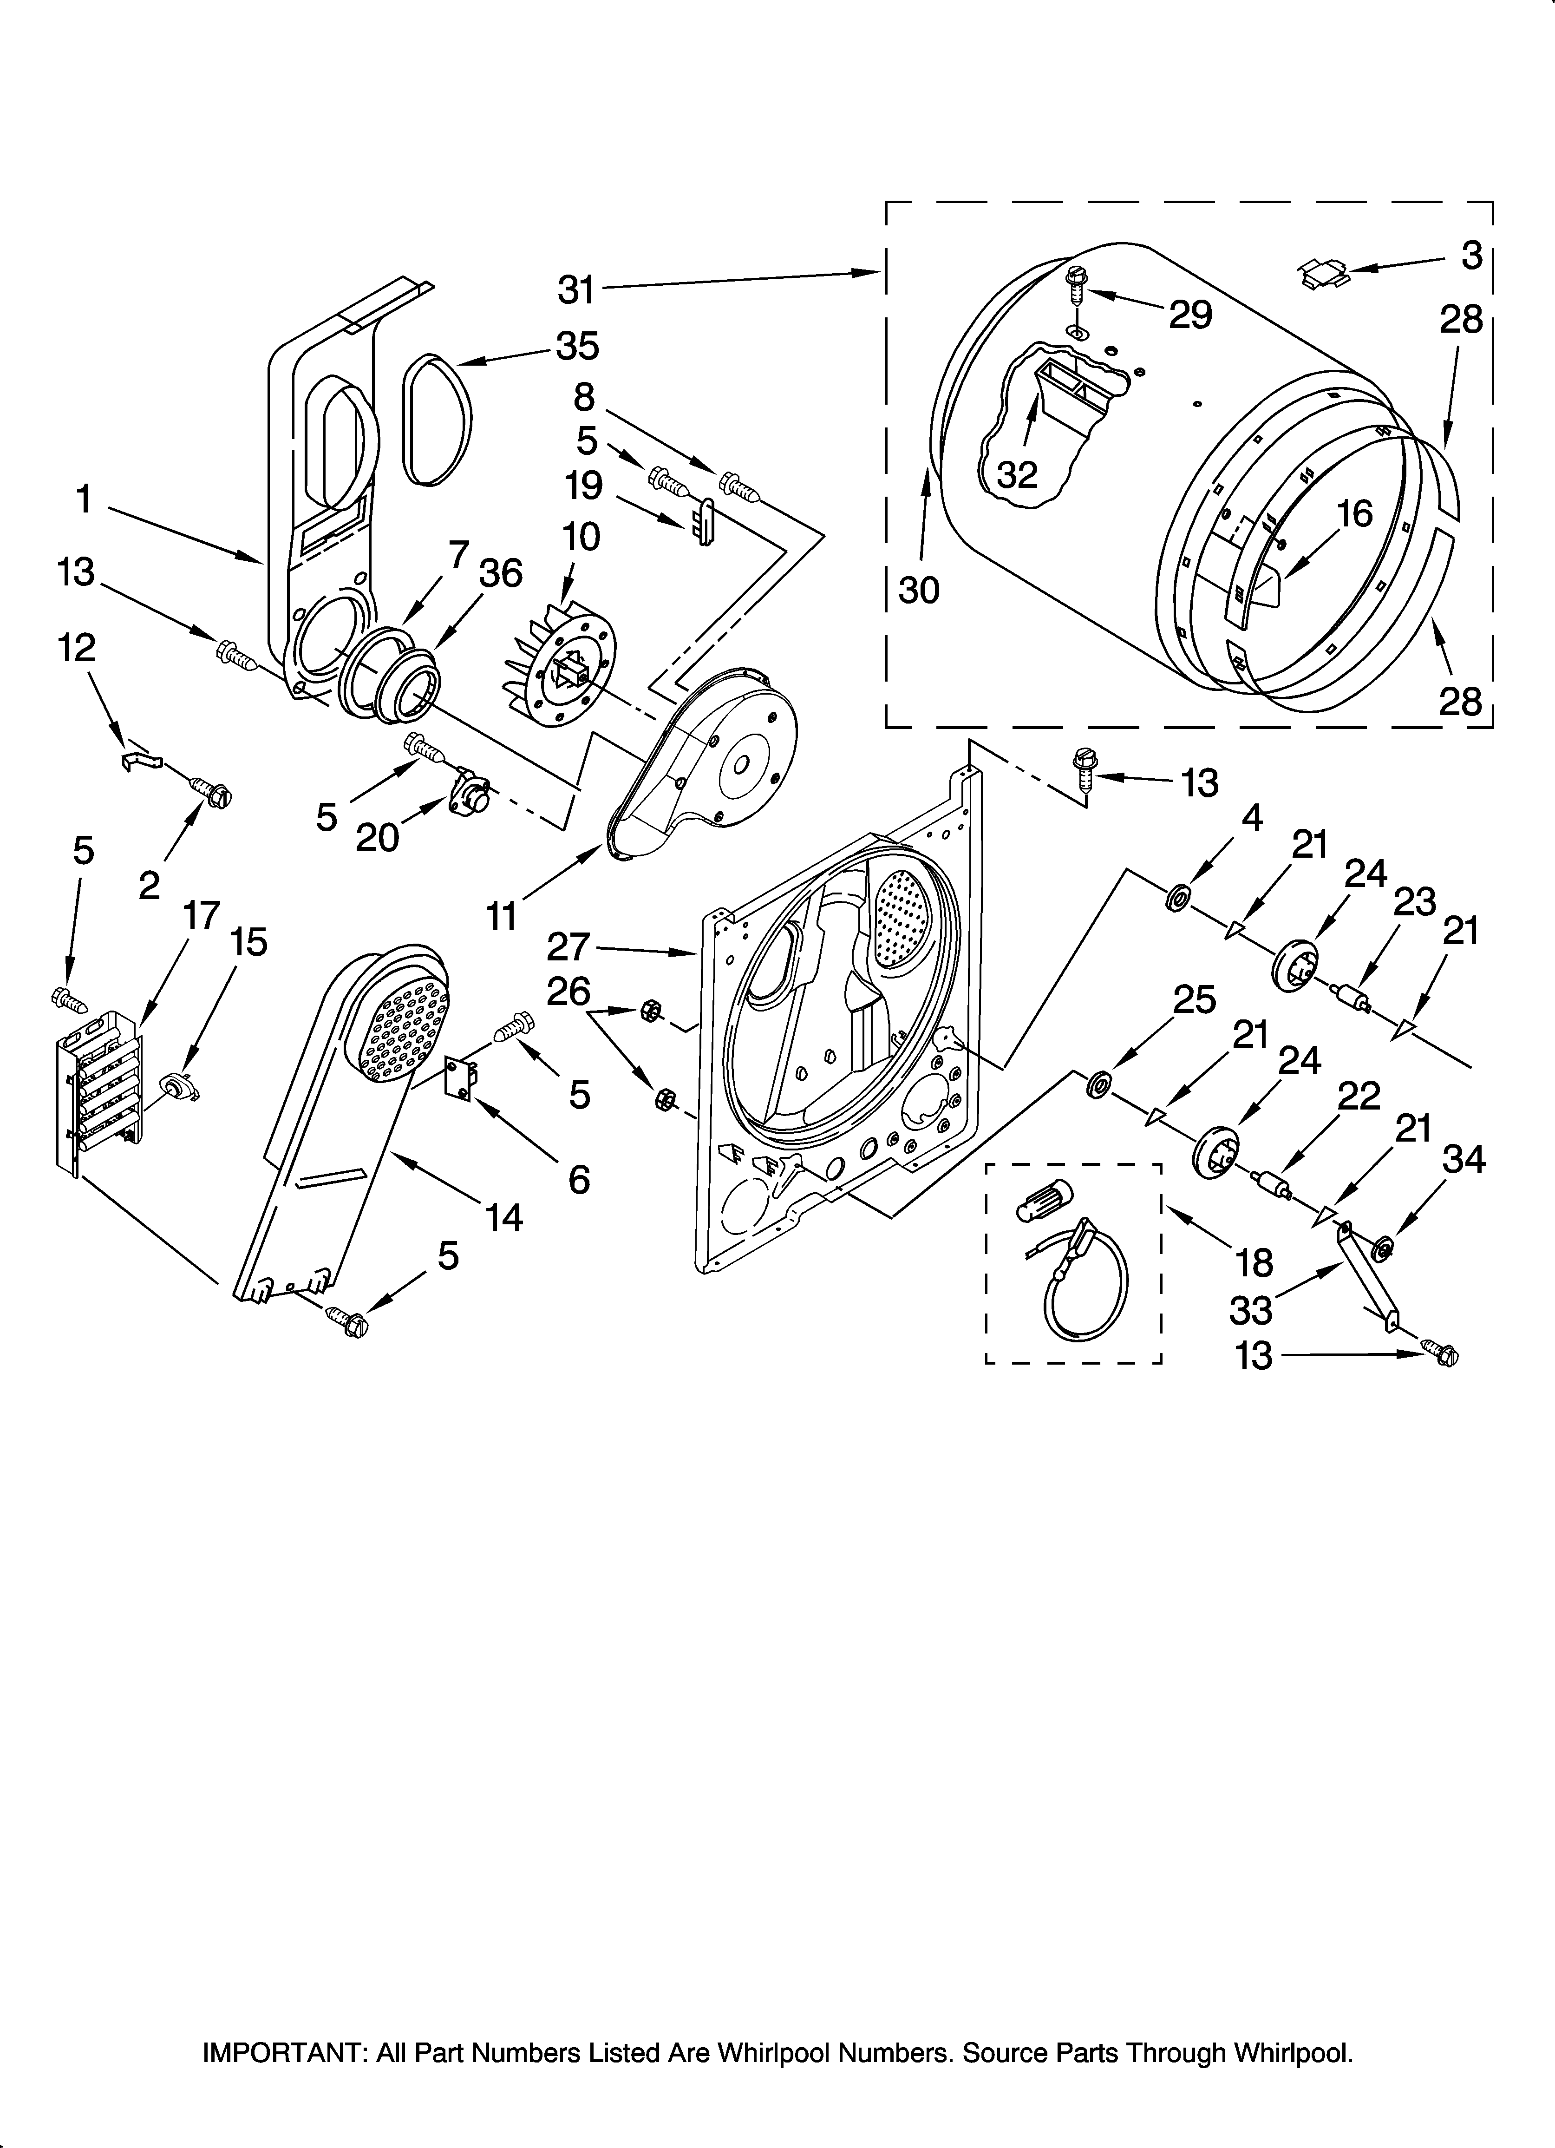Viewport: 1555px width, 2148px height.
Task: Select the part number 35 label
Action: pyautogui.click(x=578, y=347)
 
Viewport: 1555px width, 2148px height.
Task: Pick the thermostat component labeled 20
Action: pyautogui.click(x=470, y=792)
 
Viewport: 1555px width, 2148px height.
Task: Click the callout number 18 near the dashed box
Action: pyautogui.click(x=1255, y=1262)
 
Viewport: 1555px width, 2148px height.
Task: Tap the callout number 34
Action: pyautogui.click(x=1463, y=1159)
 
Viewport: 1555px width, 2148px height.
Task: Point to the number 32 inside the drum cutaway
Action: pyautogui.click(x=1017, y=474)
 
